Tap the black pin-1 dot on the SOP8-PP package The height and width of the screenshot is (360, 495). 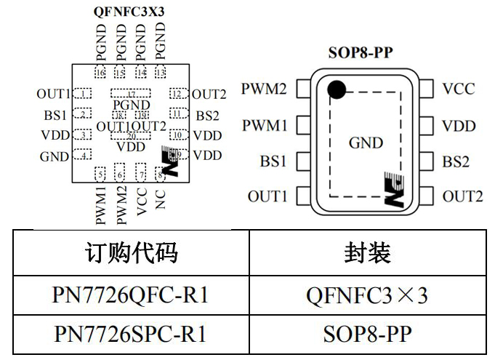(x=335, y=89)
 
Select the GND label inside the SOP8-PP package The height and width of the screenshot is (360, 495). (x=366, y=143)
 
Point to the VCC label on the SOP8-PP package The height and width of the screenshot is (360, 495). (x=458, y=89)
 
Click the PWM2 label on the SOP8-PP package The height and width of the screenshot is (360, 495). (x=264, y=89)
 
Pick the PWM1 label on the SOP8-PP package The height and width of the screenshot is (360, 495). (x=264, y=126)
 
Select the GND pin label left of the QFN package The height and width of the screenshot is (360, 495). (x=54, y=156)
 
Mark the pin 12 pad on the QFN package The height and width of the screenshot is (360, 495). (x=177, y=93)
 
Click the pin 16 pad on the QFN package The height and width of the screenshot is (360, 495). (x=100, y=73)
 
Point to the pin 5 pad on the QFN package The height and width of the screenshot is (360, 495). (x=100, y=174)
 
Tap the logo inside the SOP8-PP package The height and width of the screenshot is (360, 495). (x=393, y=190)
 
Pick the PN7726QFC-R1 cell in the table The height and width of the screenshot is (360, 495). (x=131, y=295)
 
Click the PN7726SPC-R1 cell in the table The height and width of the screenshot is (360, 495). (x=131, y=334)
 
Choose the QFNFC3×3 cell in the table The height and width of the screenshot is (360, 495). (x=367, y=295)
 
